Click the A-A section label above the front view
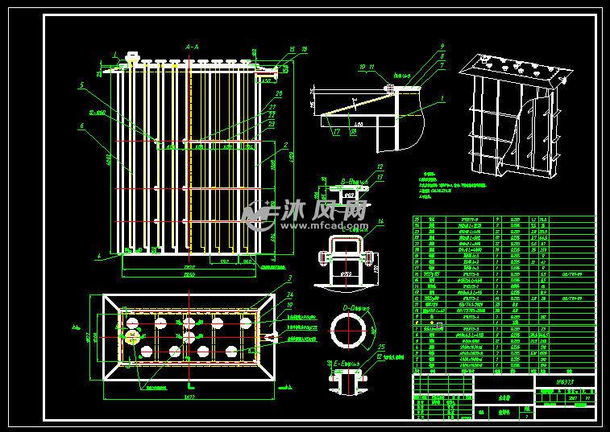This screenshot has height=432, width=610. [192, 47]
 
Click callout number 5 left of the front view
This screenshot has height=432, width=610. [81, 84]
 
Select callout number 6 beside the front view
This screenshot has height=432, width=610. [81, 125]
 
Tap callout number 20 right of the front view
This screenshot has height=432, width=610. [278, 93]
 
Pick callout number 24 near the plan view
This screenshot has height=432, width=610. [290, 294]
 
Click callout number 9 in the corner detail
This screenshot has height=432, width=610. [442, 46]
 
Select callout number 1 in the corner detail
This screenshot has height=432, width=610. [442, 98]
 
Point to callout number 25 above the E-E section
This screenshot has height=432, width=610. [380, 347]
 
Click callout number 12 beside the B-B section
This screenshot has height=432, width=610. [380, 167]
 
